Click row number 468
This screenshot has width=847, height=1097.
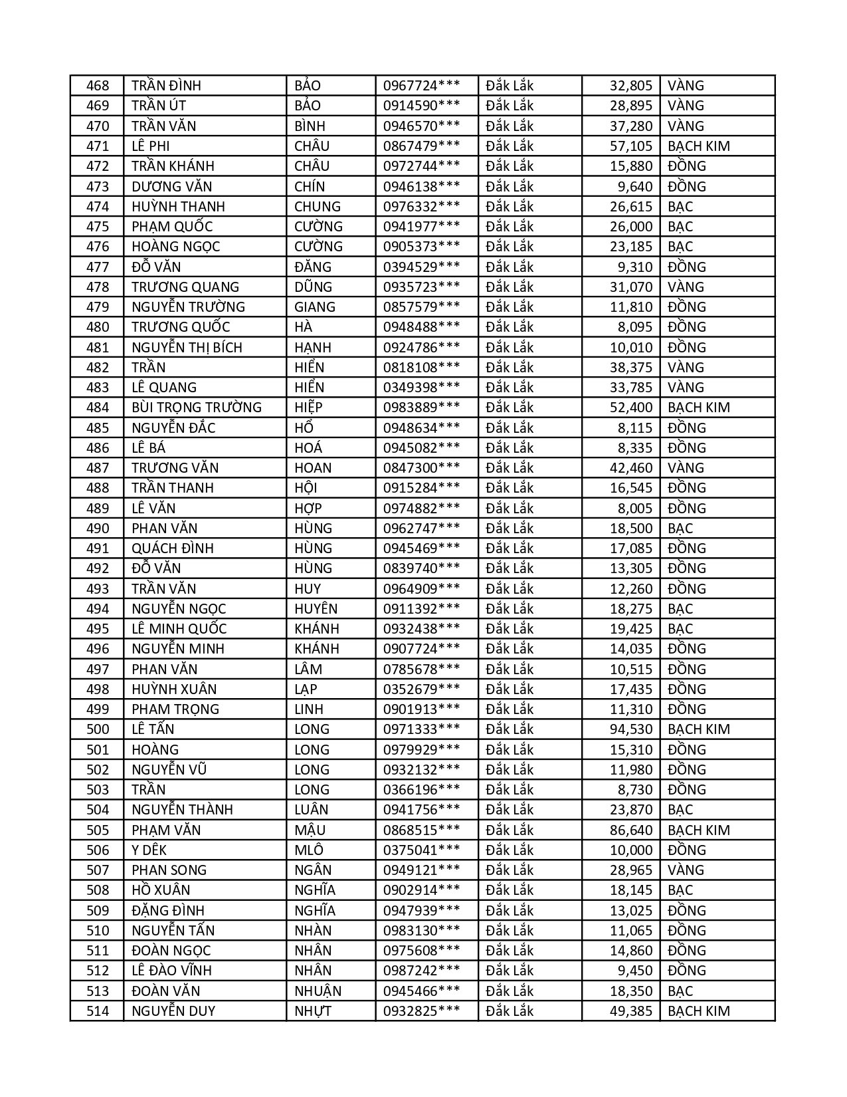97,86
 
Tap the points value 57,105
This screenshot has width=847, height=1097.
631,146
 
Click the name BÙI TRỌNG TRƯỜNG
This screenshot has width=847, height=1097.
197,408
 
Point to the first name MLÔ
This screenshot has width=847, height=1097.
309,850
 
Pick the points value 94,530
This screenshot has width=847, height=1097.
631,729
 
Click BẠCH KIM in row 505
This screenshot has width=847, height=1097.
698,830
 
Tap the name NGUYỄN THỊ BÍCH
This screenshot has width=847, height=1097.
187,348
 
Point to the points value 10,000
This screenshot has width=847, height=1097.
631,850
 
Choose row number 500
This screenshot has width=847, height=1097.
97,729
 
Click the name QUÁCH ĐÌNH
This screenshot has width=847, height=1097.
173,548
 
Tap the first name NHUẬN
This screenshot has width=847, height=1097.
318,991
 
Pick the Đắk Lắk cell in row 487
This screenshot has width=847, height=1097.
510,468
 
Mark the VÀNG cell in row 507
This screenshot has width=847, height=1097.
686,870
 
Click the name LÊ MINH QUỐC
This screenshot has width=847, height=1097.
179,629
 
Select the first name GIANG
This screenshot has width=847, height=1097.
315,307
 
